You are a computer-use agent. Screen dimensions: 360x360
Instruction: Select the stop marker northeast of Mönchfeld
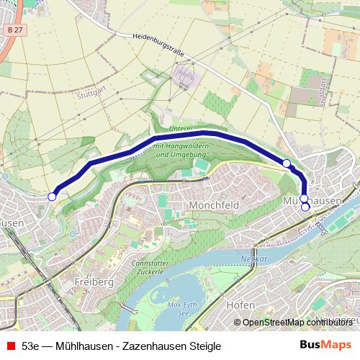pos(287,163)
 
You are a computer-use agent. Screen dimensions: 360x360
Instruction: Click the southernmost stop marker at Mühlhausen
pos(305,207)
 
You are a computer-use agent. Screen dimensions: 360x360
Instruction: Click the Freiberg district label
pos(94,282)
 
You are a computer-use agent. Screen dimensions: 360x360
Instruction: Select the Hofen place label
pos(240,305)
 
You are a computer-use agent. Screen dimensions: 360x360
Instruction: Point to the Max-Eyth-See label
pos(182,308)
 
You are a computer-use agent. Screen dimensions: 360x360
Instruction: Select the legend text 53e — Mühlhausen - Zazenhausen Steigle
pos(121,346)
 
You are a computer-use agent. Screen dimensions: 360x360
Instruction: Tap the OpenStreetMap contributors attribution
pos(295,322)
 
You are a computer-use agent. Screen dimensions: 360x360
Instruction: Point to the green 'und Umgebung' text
pos(174,154)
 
